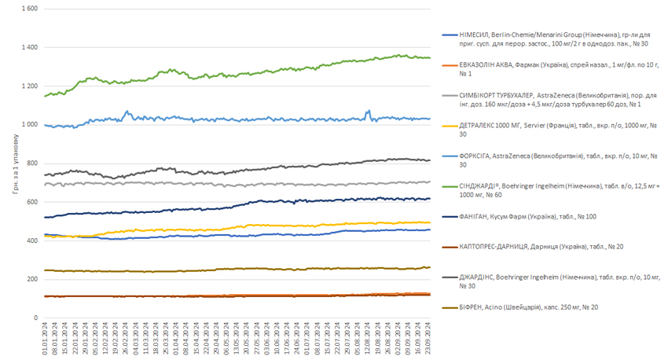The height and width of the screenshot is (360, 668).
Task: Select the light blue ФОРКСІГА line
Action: pos(236,119)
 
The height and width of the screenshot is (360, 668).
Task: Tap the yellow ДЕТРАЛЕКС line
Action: pos(236,229)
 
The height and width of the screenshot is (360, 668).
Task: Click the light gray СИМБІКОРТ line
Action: pos(236,183)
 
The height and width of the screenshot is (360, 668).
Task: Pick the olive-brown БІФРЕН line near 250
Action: pos(236,269)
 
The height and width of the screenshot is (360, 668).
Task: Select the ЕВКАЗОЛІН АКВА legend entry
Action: pos(550,68)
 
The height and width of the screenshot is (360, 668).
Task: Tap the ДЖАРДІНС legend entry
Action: pos(550,281)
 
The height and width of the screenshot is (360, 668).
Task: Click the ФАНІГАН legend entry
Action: pos(534,217)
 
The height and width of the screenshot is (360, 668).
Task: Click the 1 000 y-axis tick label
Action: pos(28,124)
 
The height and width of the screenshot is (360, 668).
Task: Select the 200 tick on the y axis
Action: pos(31,279)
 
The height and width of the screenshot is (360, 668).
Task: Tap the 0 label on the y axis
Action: pos(36,318)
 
